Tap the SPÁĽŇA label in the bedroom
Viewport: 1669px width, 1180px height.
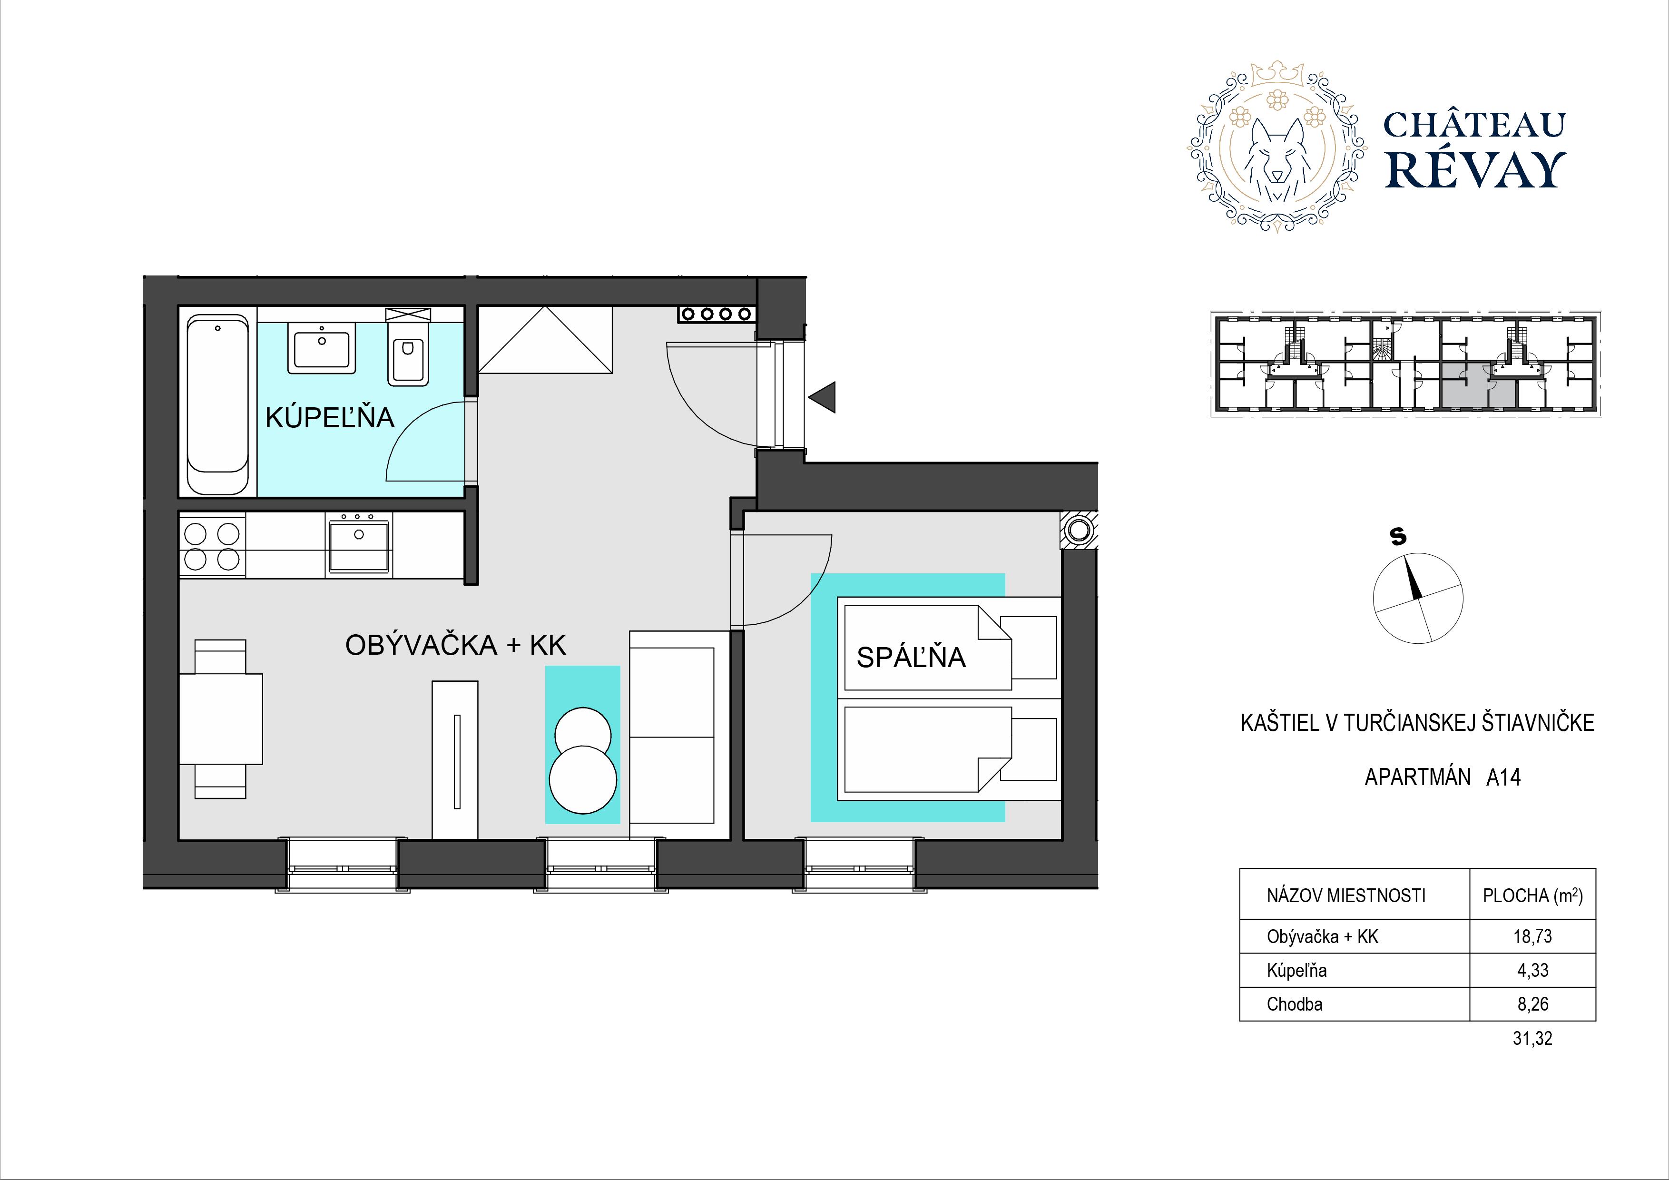coord(911,657)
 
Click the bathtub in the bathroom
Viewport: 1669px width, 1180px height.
coord(218,404)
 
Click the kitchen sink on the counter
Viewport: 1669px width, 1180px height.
coord(359,542)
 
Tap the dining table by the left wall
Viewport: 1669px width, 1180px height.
coord(220,719)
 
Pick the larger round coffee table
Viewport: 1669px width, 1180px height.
coord(583,779)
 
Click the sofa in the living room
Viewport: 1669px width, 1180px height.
coord(679,735)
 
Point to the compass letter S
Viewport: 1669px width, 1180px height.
coord(1397,537)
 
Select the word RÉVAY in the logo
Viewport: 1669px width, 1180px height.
coord(1475,170)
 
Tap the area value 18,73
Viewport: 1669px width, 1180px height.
coord(1532,936)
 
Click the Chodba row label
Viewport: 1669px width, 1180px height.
coord(1295,1004)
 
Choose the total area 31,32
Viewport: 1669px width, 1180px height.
coord(1532,1038)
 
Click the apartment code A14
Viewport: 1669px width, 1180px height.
coord(1503,777)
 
